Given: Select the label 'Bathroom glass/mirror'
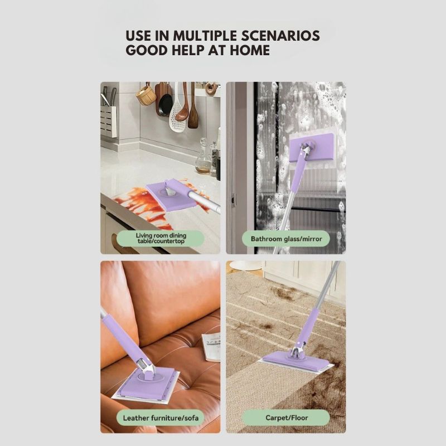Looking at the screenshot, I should [x=286, y=239].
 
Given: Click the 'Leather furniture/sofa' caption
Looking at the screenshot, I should [x=160, y=417].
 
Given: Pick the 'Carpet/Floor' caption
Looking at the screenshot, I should [x=286, y=417].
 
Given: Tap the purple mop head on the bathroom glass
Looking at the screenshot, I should [x=311, y=147].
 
